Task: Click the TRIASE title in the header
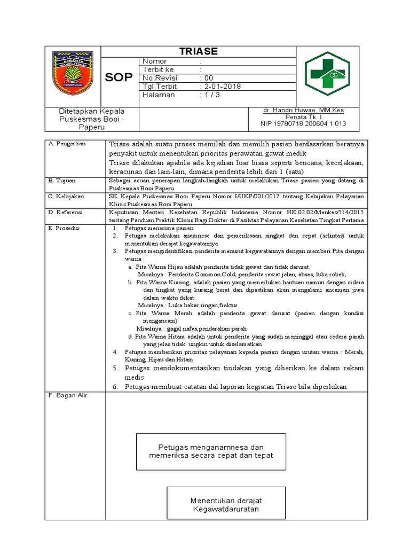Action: (x=198, y=51)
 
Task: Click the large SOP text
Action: (x=119, y=78)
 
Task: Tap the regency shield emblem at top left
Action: (x=73, y=73)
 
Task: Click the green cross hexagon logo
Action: (x=327, y=74)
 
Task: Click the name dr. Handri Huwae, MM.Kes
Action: (x=303, y=111)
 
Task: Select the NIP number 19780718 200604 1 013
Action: (x=303, y=123)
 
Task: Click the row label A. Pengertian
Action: (x=67, y=144)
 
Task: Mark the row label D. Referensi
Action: (x=65, y=212)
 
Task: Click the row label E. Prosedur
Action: (x=64, y=228)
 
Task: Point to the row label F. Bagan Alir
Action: (x=68, y=395)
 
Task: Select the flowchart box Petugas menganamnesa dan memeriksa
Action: (x=211, y=451)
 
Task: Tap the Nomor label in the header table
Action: (x=154, y=61)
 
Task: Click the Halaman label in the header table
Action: (x=158, y=95)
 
